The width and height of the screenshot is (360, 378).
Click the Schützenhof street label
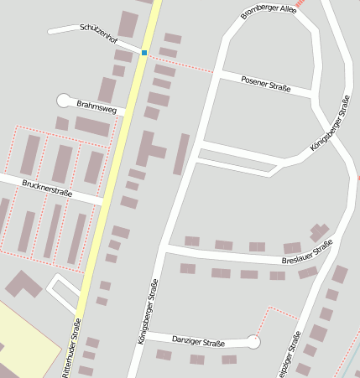tap(98, 34)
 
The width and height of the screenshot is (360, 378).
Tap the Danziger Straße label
tap(198, 342)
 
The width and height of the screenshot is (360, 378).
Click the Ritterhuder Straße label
tap(71, 347)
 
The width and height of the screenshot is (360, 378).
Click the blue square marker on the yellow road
tap(144, 53)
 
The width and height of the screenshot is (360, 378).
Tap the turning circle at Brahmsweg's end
tap(63, 101)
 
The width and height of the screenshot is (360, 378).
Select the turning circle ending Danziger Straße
tap(254, 342)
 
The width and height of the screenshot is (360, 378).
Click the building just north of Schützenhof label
tap(128, 23)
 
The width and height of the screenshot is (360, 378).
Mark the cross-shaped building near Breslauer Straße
tap(319, 231)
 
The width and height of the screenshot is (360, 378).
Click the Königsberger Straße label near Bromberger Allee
tap(329, 124)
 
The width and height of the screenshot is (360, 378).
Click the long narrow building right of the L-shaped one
tap(180, 154)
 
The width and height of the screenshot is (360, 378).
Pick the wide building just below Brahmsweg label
tap(91, 127)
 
